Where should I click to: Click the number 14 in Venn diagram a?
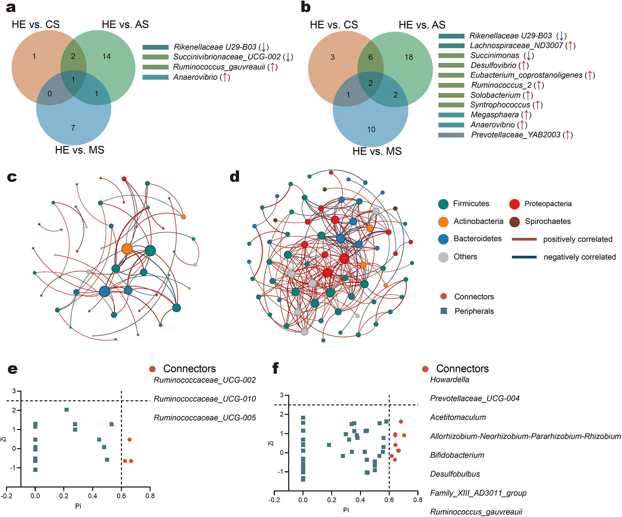tap(106, 57)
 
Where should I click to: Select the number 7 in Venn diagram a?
tap(73, 128)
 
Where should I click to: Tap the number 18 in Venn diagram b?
tap(409, 57)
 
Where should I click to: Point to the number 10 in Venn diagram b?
tap(371, 129)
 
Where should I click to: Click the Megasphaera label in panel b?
tap(494, 115)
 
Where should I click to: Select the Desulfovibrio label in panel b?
tap(493, 65)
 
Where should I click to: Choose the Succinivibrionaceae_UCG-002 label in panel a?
tap(227, 57)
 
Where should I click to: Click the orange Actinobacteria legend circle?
tap(443, 222)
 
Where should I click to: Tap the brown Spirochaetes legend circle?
tap(514, 222)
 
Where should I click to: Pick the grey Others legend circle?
tap(443, 257)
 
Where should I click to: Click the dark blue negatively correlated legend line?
tap(524, 257)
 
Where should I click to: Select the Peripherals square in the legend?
tap(444, 311)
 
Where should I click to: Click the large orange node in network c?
tap(127, 249)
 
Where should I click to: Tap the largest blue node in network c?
tap(105, 291)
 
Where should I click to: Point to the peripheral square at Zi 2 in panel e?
tap(67, 410)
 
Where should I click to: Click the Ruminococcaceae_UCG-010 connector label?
tap(205, 399)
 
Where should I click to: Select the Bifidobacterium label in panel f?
tap(457, 455)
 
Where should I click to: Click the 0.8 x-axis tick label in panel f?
tap(417, 500)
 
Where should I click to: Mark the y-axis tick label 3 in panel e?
tap(14, 391)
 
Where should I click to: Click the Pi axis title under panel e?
tap(78, 506)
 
